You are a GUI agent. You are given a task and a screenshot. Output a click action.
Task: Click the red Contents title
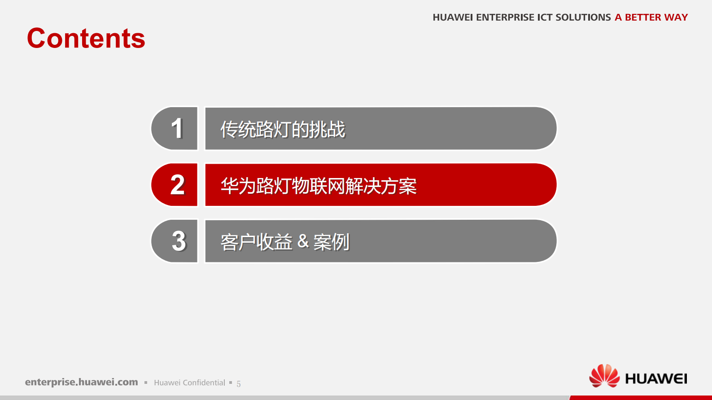click(86, 39)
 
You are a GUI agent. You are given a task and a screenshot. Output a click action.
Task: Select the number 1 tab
click(175, 128)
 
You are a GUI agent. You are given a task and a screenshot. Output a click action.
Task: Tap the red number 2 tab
click(175, 185)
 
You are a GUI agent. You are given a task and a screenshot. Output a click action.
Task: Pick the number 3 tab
click(175, 241)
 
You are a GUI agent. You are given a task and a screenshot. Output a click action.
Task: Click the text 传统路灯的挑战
click(283, 130)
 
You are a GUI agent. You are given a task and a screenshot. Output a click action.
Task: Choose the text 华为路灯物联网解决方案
click(319, 186)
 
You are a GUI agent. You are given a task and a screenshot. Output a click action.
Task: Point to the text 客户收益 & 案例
click(285, 242)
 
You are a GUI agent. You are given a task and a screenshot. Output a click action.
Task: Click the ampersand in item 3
click(303, 242)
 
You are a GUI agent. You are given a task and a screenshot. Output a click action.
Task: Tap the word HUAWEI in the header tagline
click(452, 17)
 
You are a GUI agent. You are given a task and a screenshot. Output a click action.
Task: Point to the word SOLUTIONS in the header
click(583, 17)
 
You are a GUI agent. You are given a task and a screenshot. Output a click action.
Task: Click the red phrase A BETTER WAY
click(651, 17)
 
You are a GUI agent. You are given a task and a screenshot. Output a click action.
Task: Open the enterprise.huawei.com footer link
click(82, 382)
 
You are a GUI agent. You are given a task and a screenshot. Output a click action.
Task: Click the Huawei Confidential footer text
click(189, 383)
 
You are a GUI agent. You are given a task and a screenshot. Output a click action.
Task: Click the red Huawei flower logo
click(604, 376)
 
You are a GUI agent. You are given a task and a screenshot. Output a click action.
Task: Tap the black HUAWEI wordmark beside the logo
click(656, 379)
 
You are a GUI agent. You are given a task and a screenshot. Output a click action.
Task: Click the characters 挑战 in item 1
click(328, 130)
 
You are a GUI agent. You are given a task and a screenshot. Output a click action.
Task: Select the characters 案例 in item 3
click(331, 242)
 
